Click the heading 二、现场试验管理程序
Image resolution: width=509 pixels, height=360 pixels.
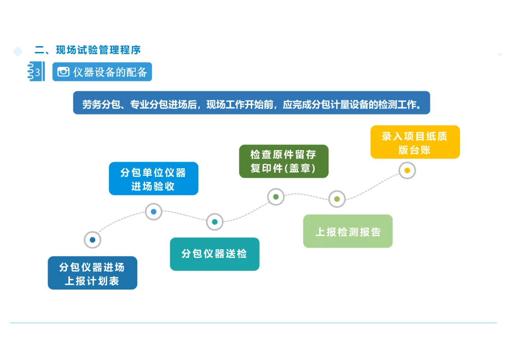88,50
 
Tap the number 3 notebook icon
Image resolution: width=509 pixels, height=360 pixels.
36,72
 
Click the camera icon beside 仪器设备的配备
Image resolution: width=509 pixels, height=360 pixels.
64,72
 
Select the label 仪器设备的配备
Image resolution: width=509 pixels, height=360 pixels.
110,72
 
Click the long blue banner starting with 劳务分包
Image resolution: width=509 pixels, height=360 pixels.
251,103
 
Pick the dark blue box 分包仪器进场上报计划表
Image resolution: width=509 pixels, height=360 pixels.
92,273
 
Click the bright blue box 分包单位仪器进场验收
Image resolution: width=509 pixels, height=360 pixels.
153,179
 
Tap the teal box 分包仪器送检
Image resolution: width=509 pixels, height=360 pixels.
214,254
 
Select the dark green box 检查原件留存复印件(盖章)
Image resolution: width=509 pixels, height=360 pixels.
283,161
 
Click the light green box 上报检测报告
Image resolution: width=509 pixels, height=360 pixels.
348,231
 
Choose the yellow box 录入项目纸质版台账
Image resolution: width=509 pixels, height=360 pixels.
415,142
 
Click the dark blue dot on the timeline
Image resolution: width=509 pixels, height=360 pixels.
92,240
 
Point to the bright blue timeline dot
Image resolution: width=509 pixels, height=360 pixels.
154,212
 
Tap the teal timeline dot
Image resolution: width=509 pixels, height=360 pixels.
214,221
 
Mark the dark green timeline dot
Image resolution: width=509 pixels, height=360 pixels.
276,197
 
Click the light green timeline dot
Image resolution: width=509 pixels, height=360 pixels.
337,199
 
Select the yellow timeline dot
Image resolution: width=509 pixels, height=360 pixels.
407,170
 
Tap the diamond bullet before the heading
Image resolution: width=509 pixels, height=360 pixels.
18,51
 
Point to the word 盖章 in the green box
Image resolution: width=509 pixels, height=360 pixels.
300,168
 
